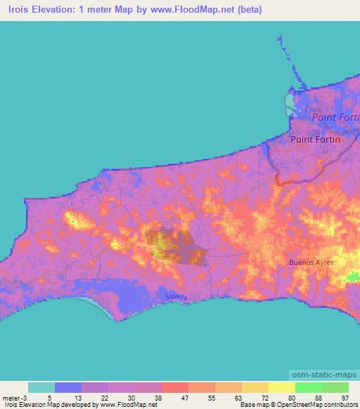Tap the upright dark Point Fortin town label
(315, 139)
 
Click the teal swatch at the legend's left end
(41, 387)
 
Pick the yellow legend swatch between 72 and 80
(281, 387)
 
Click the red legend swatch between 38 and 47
(174, 387)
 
